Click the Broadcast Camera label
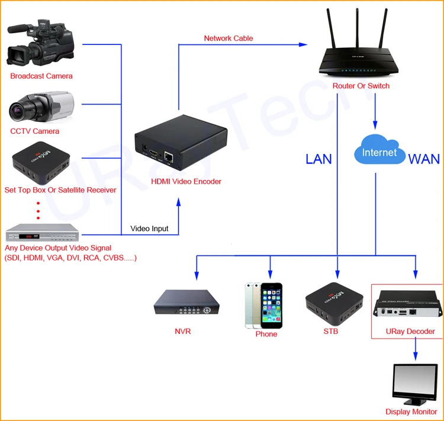tap(41, 76)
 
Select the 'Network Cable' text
tap(229, 38)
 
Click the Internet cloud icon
tap(379, 153)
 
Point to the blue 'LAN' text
tap(318, 159)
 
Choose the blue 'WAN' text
tap(424, 159)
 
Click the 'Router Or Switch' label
tap(361, 86)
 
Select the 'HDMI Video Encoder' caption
tap(186, 182)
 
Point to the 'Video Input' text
tap(149, 229)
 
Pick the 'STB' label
tap(331, 332)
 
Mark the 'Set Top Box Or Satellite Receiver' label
tap(60, 190)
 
